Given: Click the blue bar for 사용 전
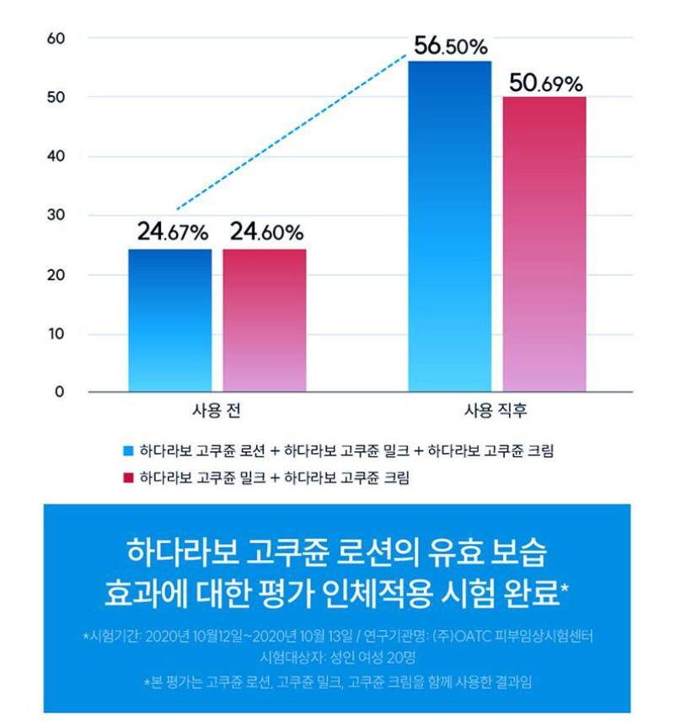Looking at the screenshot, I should point(170,321).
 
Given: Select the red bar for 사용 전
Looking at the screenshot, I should point(265,321).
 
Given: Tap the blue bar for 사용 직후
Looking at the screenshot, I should point(450,228).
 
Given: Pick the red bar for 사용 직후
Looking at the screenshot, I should point(544,245).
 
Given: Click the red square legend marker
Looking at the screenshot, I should point(128,478).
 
